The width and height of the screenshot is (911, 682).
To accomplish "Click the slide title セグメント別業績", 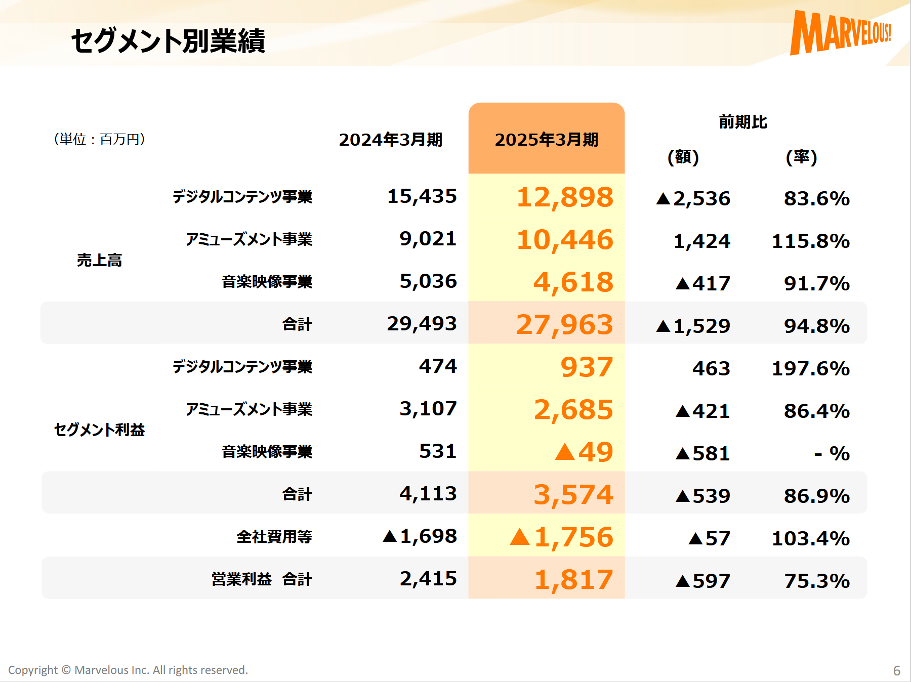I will tap(168, 41).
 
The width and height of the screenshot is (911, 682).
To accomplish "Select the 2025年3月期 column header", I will tap(546, 140).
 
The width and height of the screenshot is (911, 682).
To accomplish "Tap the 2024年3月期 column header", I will tap(390, 140).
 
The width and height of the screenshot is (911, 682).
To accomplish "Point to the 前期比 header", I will tap(742, 122).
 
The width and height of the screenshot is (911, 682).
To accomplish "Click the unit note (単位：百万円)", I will tap(100, 139).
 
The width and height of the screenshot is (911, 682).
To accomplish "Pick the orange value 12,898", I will tap(564, 197).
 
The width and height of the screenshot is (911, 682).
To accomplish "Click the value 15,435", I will tap(422, 196).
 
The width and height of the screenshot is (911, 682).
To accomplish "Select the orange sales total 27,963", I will tap(564, 325).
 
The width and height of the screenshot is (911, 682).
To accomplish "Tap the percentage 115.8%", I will tap(810, 241).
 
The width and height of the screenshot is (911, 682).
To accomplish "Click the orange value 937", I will tap(587, 367).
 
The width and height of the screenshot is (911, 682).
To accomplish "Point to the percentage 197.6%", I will tap(810, 369).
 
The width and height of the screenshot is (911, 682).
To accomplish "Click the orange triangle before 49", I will tap(565, 451).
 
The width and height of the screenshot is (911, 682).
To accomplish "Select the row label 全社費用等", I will tap(274, 537).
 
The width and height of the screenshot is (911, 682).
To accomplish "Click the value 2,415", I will tap(428, 579).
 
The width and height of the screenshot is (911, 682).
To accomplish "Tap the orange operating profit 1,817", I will tap(573, 580).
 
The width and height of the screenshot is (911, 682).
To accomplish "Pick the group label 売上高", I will tap(100, 260).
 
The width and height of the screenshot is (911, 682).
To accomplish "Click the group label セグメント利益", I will tap(100, 430).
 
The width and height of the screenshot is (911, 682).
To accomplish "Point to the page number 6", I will tap(896, 671).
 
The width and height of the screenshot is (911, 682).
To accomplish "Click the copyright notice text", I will tap(128, 670).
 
